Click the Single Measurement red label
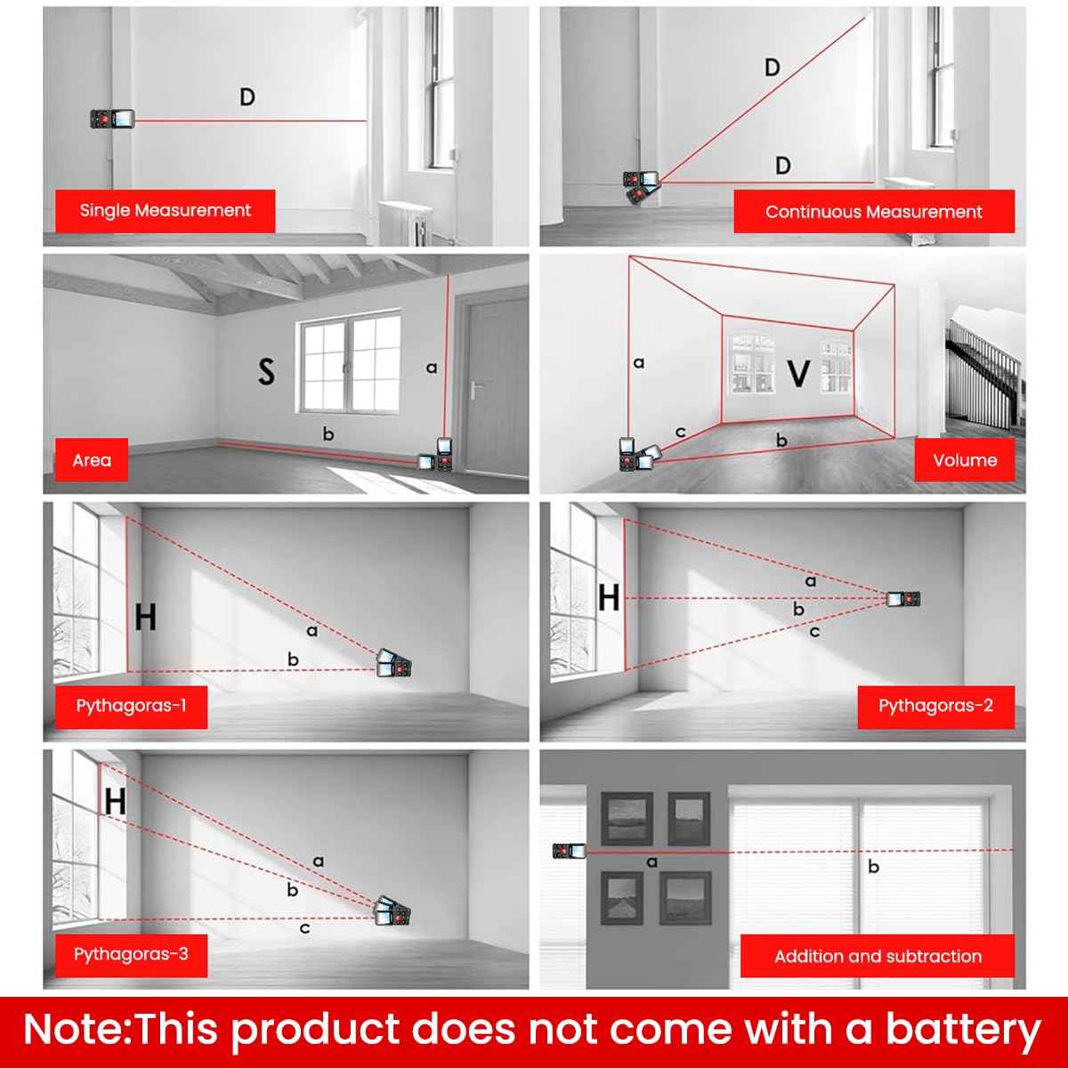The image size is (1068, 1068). [x=165, y=211]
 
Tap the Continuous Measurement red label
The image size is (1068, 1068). [x=873, y=212]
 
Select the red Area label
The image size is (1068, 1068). [x=92, y=460]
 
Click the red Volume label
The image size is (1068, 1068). [x=964, y=460]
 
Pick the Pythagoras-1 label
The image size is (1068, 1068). [x=131, y=707]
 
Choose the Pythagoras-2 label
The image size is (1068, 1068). [x=935, y=707]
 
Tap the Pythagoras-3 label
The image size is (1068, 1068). [x=131, y=955]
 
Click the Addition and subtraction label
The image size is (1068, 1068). [x=878, y=957]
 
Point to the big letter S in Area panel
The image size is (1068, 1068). [x=265, y=370]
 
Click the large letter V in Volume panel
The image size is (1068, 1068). [x=798, y=374]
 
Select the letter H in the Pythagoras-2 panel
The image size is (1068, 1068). [x=609, y=598]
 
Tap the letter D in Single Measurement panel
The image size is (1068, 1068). [x=247, y=96]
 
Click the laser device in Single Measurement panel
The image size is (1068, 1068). [x=112, y=119]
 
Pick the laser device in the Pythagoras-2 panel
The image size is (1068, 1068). [x=902, y=599]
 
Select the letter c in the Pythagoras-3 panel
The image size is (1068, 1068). [x=304, y=928]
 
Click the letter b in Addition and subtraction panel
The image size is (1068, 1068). [x=873, y=866]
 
